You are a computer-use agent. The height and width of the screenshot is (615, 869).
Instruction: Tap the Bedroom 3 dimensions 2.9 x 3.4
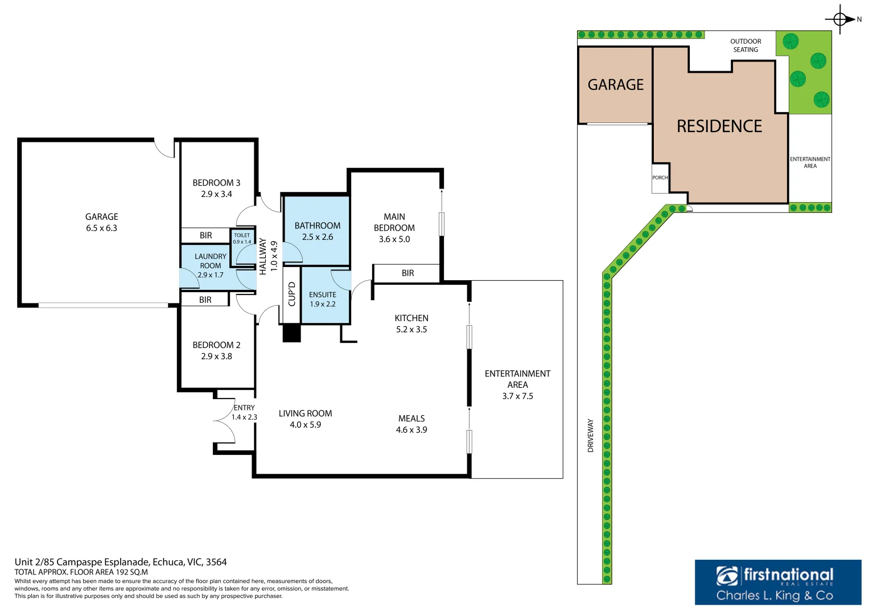click(216, 194)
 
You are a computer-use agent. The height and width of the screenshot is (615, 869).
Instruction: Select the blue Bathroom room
click(317, 231)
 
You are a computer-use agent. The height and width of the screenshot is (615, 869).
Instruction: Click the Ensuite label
click(323, 294)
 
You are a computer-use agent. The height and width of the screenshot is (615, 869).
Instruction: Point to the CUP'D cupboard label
click(292, 294)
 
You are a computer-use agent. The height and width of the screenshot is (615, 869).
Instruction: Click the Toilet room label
click(242, 235)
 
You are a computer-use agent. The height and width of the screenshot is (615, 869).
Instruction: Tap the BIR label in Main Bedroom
click(407, 273)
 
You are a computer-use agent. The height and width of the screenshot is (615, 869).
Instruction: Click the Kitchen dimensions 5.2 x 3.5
click(411, 330)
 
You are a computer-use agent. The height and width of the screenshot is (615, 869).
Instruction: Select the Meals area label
click(411, 419)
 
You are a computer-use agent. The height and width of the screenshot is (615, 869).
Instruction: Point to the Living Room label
click(305, 413)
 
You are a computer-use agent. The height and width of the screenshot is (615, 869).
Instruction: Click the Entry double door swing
click(225, 421)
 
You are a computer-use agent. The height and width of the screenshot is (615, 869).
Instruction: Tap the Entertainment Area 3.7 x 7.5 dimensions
click(517, 396)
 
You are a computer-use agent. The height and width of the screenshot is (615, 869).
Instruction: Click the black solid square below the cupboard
click(291, 333)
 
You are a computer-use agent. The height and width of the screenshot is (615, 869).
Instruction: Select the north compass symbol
click(841, 19)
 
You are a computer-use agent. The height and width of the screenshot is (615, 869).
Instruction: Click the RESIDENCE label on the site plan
click(719, 126)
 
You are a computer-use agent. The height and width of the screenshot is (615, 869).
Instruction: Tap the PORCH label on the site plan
click(660, 178)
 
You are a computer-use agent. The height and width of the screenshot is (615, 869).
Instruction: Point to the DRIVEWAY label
click(591, 436)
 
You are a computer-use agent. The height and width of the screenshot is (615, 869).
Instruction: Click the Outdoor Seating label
click(746, 46)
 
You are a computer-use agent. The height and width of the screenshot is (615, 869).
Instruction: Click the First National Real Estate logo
click(777, 583)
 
